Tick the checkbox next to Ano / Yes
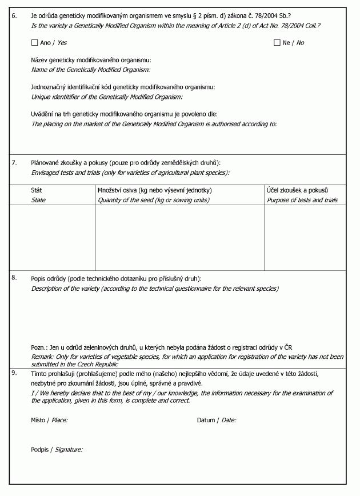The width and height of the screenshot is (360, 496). (35, 43)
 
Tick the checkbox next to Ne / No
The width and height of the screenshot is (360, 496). (277, 43)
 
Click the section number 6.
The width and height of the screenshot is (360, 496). (14, 15)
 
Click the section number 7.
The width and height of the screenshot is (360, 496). (14, 163)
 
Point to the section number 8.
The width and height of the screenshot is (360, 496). (14, 278)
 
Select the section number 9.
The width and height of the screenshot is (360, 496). (14, 373)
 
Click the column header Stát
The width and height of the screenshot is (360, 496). (36, 190)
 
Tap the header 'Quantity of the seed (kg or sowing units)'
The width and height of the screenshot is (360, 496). (154, 200)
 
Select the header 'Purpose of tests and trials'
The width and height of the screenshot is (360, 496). (302, 200)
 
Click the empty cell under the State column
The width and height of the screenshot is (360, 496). (53, 237)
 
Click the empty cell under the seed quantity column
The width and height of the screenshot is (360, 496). (179, 237)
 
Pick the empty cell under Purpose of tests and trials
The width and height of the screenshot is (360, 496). (305, 237)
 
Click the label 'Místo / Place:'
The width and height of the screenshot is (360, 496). (49, 420)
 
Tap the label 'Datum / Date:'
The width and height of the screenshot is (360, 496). (217, 420)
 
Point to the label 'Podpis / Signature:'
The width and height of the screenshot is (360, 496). (57, 450)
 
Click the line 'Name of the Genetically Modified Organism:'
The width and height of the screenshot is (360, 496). (90, 70)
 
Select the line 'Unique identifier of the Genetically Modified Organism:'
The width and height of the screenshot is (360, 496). (106, 97)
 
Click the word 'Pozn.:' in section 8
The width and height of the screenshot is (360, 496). (39, 347)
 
